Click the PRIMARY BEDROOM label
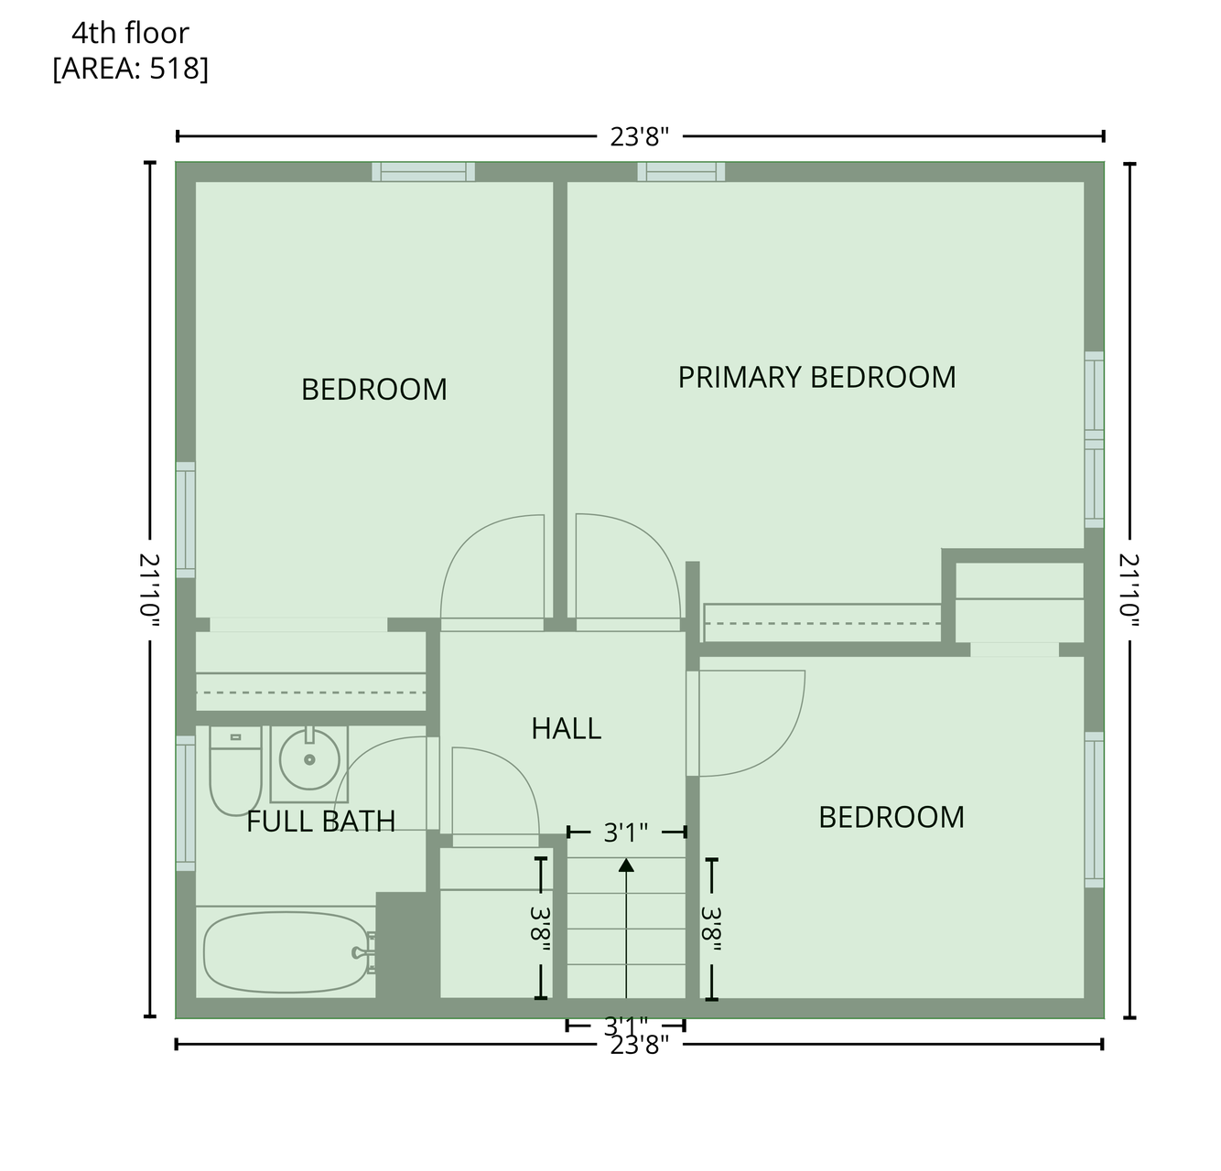click(816, 377)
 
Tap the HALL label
click(566, 728)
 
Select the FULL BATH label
click(320, 821)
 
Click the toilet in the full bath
click(235, 770)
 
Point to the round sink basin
click(309, 759)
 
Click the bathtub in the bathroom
click(286, 952)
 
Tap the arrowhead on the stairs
click(626, 865)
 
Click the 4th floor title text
click(130, 33)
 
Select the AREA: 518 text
click(131, 69)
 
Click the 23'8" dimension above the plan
click(640, 136)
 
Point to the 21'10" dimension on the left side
click(149, 590)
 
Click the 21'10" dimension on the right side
click(1129, 590)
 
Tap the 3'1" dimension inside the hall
click(625, 833)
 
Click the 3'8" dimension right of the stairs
click(711, 929)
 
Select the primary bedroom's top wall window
click(681, 172)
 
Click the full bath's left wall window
click(186, 803)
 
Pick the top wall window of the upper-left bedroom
click(423, 172)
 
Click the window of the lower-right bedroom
click(1095, 809)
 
